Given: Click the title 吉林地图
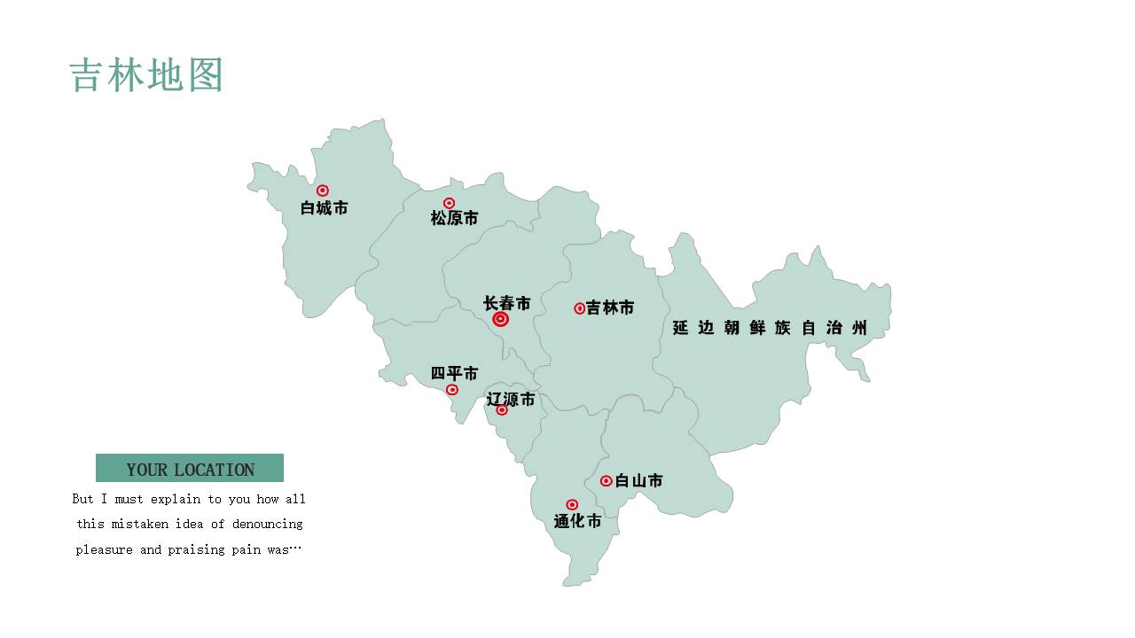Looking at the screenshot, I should click(x=146, y=75).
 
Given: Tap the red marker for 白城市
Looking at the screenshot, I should click(x=323, y=191).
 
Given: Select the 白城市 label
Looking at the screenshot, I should click(x=325, y=208).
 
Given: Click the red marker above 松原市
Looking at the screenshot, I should click(x=450, y=203).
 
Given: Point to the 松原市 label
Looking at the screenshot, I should click(x=455, y=218).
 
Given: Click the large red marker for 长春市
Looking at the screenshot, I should click(x=501, y=319).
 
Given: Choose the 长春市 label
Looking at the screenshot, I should click(x=507, y=303).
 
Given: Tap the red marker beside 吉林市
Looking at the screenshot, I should click(x=580, y=308).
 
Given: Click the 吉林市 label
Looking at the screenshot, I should click(x=610, y=308).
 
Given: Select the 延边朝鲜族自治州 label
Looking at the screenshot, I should click(x=769, y=328).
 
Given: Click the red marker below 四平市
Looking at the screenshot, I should click(x=452, y=390).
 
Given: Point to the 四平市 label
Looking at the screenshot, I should click(x=455, y=374).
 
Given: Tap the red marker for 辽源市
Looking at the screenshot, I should click(x=502, y=410).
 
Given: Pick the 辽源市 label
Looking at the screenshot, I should click(x=512, y=400).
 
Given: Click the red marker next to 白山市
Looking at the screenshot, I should click(x=607, y=481).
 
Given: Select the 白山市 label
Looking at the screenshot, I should click(x=639, y=481).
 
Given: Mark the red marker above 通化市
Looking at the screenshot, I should click(x=572, y=505).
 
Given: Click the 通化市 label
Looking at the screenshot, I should click(x=578, y=522).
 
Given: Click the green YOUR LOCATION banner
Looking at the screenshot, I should click(x=190, y=469).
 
